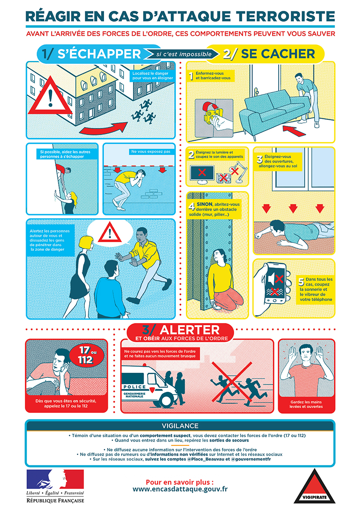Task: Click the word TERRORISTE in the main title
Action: click(x=286, y=16)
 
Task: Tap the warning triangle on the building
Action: click(x=50, y=95)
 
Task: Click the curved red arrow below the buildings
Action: click(x=103, y=128)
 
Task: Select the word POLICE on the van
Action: click(x=135, y=387)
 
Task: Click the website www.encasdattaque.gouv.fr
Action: click(x=180, y=489)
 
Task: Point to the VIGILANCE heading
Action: click(x=180, y=425)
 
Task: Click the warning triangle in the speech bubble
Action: click(x=110, y=232)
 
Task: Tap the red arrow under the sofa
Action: click(x=294, y=130)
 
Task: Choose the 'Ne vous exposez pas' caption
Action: click(x=151, y=152)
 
